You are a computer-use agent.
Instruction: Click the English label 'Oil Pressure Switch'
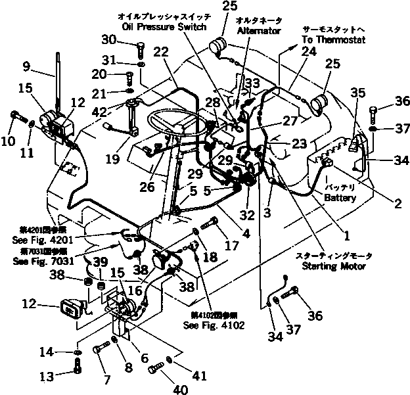pyautogui.click(x=164, y=27)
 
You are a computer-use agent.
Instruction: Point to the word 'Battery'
pyautogui.click(x=340, y=198)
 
